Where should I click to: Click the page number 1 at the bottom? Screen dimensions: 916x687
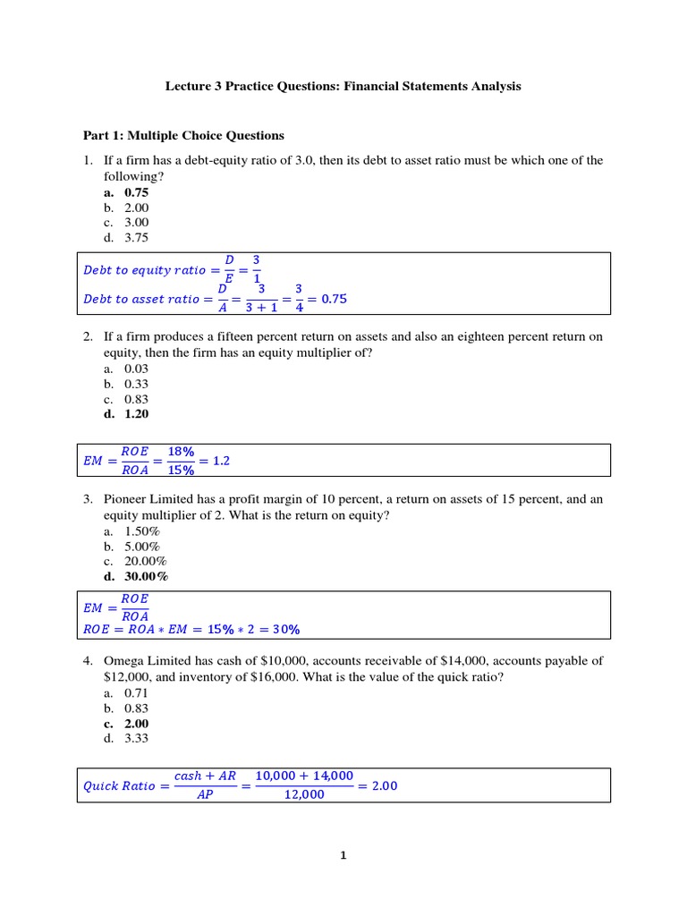click(343, 855)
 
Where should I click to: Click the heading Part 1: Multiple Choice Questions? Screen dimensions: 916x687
click(183, 136)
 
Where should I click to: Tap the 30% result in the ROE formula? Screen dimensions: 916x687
click(285, 629)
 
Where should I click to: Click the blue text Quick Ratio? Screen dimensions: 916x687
click(119, 786)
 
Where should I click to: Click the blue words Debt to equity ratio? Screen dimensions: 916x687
click(144, 270)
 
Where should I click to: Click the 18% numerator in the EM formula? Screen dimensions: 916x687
click(182, 452)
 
